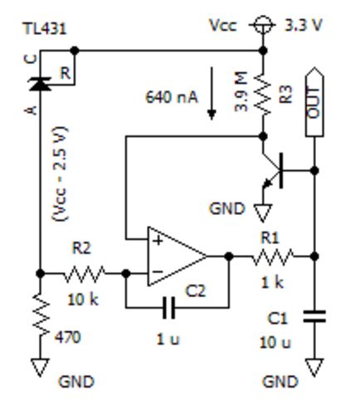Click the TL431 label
coord(45,28)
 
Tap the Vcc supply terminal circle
coord(263,25)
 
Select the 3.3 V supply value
coord(304,26)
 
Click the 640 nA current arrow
coord(212,94)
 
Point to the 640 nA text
coord(172,97)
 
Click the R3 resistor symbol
coord(263,94)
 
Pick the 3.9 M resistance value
coord(241,91)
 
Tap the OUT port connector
coord(314,101)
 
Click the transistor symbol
coord(272,171)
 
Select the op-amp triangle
coord(177,256)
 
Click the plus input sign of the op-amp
coord(158,241)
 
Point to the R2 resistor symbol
coord(85,274)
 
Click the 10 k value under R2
coord(83,300)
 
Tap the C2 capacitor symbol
coord(168,307)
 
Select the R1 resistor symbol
coord(273,256)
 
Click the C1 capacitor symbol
coord(314,316)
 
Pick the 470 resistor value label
coord(68,337)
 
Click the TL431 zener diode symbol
coord(41,84)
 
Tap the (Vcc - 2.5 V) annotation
coord(60,173)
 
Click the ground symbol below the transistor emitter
coord(263,212)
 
